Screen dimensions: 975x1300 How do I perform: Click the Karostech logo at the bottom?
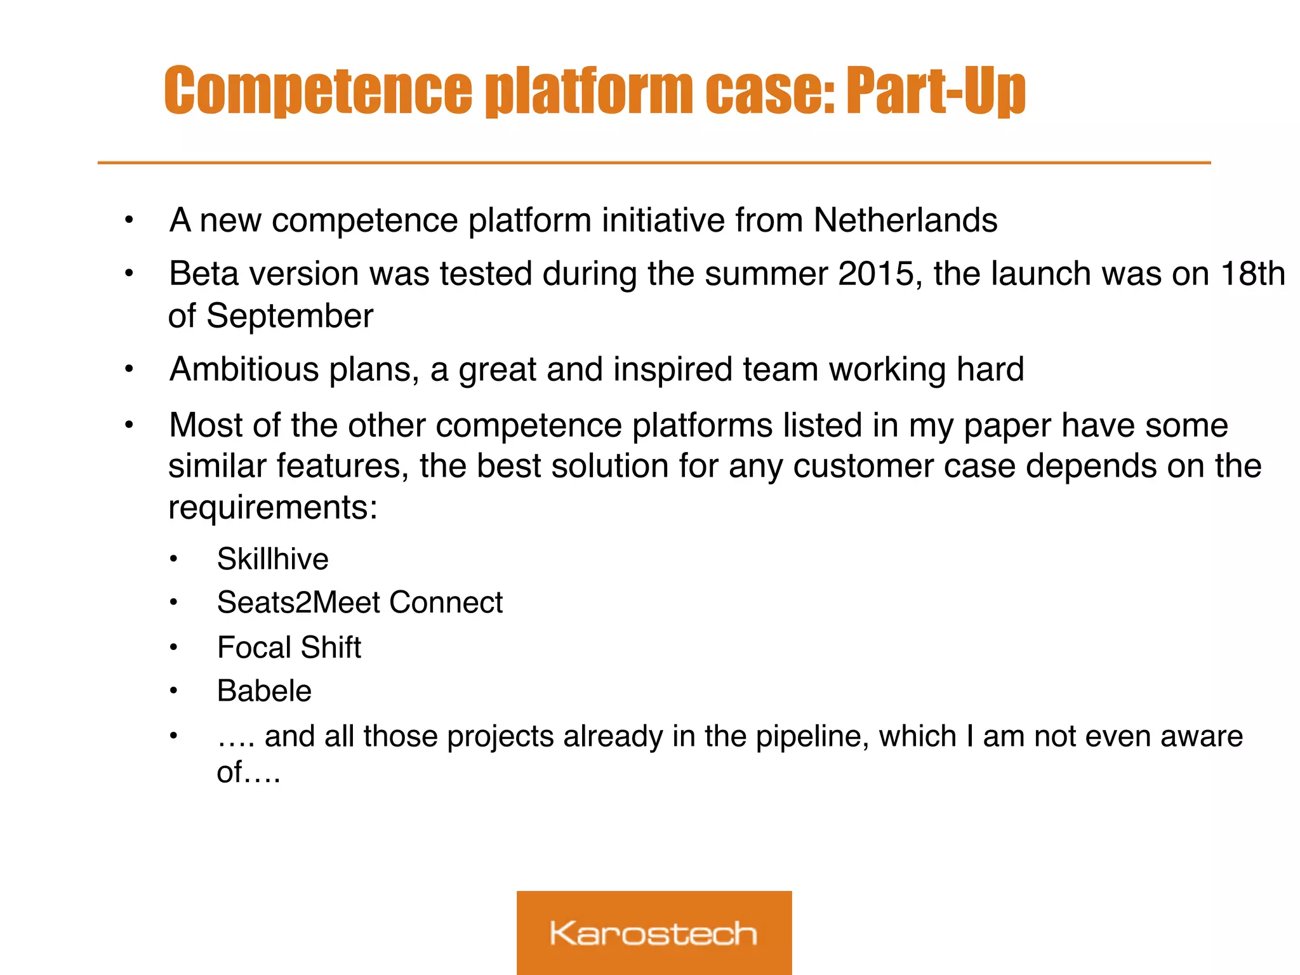[654, 932]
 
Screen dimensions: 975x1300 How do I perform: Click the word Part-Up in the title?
[936, 91]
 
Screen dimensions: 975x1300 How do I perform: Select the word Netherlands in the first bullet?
[905, 220]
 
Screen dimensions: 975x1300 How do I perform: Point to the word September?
[289, 316]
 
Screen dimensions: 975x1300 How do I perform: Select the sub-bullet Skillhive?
[272, 559]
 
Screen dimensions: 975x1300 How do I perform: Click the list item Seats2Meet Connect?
[359, 602]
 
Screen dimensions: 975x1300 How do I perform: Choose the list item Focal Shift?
[289, 647]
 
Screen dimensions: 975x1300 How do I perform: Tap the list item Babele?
[264, 691]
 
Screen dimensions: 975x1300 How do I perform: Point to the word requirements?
[273, 508]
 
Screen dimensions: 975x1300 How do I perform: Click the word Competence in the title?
[317, 91]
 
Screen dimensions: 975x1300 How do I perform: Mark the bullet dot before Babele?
[173, 691]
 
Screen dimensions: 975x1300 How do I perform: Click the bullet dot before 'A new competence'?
[129, 221]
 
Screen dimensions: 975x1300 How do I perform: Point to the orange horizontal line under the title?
[654, 163]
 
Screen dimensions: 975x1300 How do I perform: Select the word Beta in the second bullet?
[204, 274]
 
